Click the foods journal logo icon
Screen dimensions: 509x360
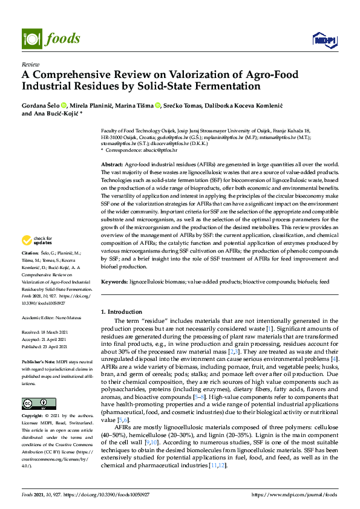coord(30,37)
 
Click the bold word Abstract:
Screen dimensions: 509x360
coord(113,164)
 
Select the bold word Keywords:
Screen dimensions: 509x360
coord(115,282)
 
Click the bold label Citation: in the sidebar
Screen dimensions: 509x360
coord(30,251)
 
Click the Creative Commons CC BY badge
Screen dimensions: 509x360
coord(34,403)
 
